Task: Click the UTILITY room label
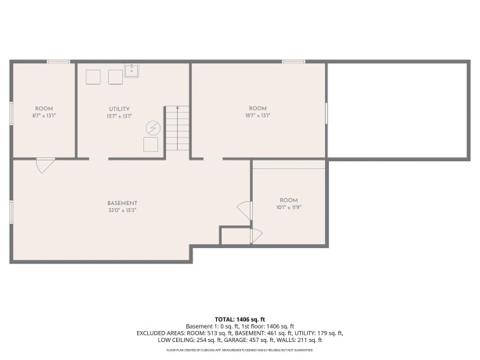click(119, 109)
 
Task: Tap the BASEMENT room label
click(122, 203)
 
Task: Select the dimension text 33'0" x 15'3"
click(122, 210)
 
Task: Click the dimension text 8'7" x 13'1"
click(44, 115)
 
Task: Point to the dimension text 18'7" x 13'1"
click(258, 115)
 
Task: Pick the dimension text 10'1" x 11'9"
click(289, 207)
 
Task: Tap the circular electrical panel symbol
click(153, 128)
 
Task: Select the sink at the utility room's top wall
click(132, 71)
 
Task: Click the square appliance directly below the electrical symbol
click(150, 145)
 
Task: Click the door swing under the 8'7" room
click(45, 165)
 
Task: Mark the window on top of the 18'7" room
click(294, 61)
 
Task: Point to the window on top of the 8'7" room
click(58, 61)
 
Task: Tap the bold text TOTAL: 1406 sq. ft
click(240, 319)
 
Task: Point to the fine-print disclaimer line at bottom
click(240, 350)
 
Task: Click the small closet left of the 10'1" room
click(234, 236)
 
